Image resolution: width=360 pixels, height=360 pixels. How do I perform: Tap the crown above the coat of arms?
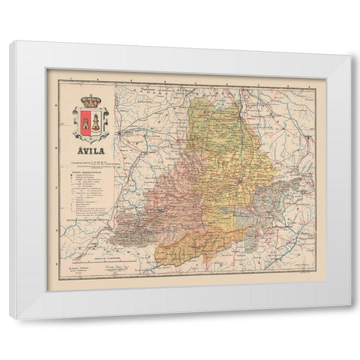91,100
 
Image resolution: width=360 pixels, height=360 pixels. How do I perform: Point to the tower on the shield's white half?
96,120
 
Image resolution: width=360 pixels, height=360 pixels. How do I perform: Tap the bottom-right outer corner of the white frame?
350,319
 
